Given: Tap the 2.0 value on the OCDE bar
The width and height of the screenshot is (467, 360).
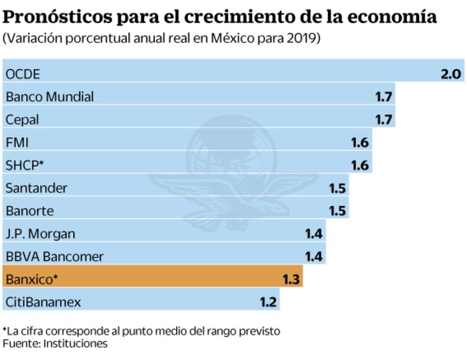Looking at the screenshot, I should pos(450,74).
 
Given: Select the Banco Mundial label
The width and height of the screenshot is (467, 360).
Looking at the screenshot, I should pos(49,96).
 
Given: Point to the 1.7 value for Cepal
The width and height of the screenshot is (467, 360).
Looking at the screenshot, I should pos(383,120).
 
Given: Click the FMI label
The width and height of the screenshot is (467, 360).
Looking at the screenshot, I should pos(17,142).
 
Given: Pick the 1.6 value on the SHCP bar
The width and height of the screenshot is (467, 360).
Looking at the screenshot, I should pos(360,165).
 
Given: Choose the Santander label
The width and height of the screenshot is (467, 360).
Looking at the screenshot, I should pos(36,188).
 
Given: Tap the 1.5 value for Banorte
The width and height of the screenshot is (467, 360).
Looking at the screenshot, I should pos(337,211).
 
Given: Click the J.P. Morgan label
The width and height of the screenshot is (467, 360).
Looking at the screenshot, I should pos(40,233).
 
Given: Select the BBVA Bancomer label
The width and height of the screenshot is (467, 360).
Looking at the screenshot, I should pos(54,257).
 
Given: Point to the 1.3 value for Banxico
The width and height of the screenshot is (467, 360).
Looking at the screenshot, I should pos(291,279).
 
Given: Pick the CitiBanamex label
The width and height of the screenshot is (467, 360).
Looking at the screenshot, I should pos(43,302).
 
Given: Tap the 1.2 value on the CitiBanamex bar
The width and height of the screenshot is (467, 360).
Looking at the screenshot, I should pos(268,302).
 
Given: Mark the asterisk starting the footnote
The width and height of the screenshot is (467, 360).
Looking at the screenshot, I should pos(5,329).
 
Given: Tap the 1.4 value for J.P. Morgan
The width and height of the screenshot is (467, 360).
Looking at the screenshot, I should pos(314,233).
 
